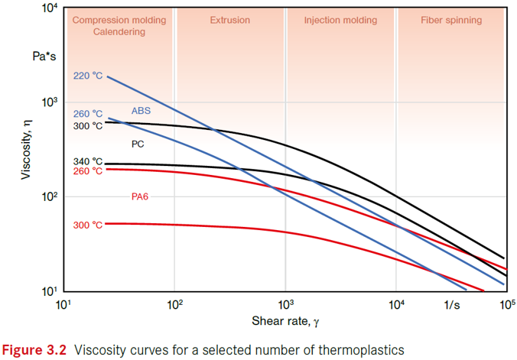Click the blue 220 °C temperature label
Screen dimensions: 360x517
click(88, 76)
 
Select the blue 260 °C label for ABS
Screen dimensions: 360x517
click(88, 115)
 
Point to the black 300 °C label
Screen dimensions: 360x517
click(88, 125)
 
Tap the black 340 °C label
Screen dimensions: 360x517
click(88, 161)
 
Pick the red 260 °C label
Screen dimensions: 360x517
click(88, 171)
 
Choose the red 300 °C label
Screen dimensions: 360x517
click(88, 225)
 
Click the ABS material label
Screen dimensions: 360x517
click(141, 111)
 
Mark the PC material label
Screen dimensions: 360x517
click(138, 143)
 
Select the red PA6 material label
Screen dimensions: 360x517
click(141, 196)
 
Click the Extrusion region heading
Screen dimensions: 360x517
click(229, 21)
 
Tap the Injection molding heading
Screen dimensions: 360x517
click(340, 21)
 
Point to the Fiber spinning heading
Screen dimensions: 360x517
click(451, 21)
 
